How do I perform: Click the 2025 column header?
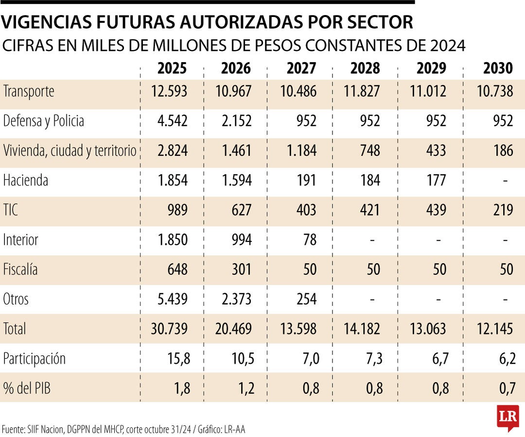coord(172,68)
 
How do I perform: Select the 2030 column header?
coord(498,68)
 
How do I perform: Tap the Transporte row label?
coord(29,91)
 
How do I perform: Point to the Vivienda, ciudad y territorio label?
coord(70,151)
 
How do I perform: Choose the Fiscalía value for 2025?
coord(176,269)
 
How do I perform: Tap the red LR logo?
coord(507,417)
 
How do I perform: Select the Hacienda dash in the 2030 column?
coord(506,181)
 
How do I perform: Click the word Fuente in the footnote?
coord(13,429)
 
